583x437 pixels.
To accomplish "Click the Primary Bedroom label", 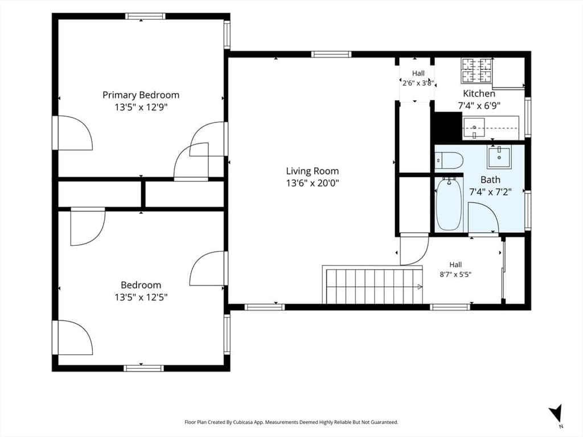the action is (x=141, y=95).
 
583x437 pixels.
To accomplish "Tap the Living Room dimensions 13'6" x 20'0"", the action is (x=313, y=183).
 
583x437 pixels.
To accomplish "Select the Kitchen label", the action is (x=479, y=93).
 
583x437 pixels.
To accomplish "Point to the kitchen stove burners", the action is (x=477, y=71).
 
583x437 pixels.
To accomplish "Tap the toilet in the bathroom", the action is (x=449, y=160).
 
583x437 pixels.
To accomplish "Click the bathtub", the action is (x=449, y=204).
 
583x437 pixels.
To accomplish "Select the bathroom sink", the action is (x=499, y=157).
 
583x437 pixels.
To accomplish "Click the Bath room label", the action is (x=490, y=180).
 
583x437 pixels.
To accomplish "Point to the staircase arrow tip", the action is (x=422, y=287).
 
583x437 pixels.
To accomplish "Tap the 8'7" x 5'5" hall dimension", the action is (x=455, y=275).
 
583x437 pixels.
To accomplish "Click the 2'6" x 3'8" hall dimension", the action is (x=418, y=83).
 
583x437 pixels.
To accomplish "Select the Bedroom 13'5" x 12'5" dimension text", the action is (x=141, y=297).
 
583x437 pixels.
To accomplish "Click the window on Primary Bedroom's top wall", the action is (x=145, y=16).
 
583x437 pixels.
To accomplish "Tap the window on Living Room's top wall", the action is (x=331, y=54).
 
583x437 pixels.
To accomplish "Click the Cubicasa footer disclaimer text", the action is (x=291, y=422).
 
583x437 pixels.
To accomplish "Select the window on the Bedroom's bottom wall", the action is (x=143, y=368).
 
